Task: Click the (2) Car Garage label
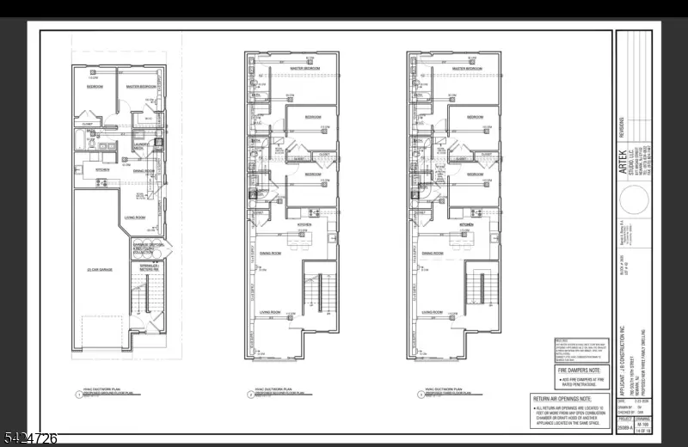(x=100, y=270)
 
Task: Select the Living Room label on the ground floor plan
(x=135, y=217)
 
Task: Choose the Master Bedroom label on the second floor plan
(x=304, y=67)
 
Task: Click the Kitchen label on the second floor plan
(x=304, y=223)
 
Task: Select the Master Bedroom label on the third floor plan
(x=467, y=67)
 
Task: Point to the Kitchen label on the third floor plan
(x=467, y=223)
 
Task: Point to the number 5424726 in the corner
(x=30, y=438)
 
